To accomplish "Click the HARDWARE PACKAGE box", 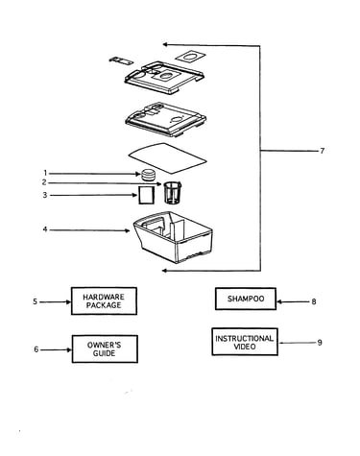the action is pyautogui.click(x=104, y=301).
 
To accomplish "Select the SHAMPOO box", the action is pyautogui.click(x=246, y=299).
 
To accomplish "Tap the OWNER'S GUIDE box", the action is pyautogui.click(x=105, y=349).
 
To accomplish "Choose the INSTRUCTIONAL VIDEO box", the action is pyautogui.click(x=245, y=342).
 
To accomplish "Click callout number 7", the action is pyautogui.click(x=323, y=151).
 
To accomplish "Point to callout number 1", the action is pyautogui.click(x=45, y=173).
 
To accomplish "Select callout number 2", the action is pyautogui.click(x=44, y=182).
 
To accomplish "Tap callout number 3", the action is pyautogui.click(x=45, y=195).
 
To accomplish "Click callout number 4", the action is pyautogui.click(x=45, y=229).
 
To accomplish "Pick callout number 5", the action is pyautogui.click(x=35, y=301).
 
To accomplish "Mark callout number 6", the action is pyautogui.click(x=36, y=349).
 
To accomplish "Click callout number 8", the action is pyautogui.click(x=314, y=301).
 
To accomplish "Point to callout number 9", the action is pyautogui.click(x=320, y=343).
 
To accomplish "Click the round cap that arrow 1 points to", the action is pyautogui.click(x=149, y=175).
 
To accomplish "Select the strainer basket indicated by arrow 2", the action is pyautogui.click(x=173, y=192).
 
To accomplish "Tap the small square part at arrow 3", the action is pyautogui.click(x=146, y=195).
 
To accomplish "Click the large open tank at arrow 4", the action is pyautogui.click(x=173, y=236).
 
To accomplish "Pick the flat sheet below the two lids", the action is pyautogui.click(x=168, y=158).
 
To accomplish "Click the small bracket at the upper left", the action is pyautogui.click(x=121, y=60).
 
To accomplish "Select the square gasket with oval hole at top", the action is pyautogui.click(x=190, y=57).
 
